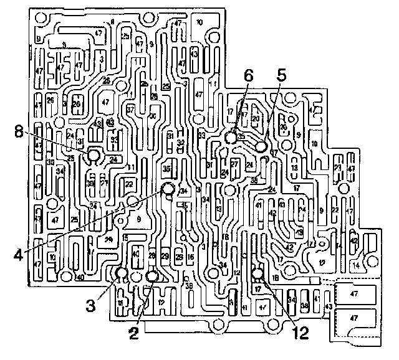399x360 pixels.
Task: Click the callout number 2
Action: [133, 333]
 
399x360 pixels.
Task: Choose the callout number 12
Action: [301, 333]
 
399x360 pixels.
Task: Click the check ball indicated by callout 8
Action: [94, 155]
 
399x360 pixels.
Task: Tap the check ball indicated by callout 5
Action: [261, 146]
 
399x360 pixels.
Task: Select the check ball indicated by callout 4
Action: [168, 189]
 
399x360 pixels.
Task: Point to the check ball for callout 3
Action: [122, 272]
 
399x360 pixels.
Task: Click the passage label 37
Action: [130, 110]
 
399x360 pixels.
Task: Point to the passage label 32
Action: [180, 143]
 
